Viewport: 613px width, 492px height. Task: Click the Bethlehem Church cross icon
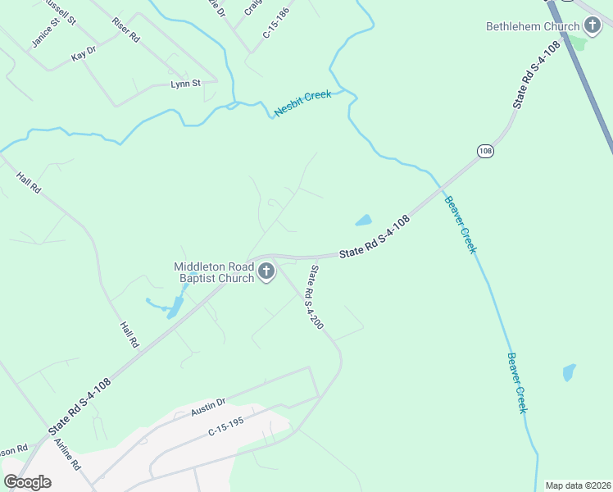(593, 26)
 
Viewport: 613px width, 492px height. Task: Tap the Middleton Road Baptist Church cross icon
(266, 272)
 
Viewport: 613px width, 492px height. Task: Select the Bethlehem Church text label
(534, 26)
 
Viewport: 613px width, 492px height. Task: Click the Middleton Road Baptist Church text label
(213, 272)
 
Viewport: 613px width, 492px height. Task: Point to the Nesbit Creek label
(303, 104)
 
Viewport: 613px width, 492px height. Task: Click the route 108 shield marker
(485, 151)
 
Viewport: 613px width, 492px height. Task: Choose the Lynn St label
(185, 84)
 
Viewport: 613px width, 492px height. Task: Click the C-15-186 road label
(277, 23)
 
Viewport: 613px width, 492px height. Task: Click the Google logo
(27, 482)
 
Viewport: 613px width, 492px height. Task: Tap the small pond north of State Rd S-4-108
(363, 220)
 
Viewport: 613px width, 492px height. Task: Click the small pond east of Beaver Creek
(569, 372)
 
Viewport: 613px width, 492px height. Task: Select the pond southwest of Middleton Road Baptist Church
(174, 307)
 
